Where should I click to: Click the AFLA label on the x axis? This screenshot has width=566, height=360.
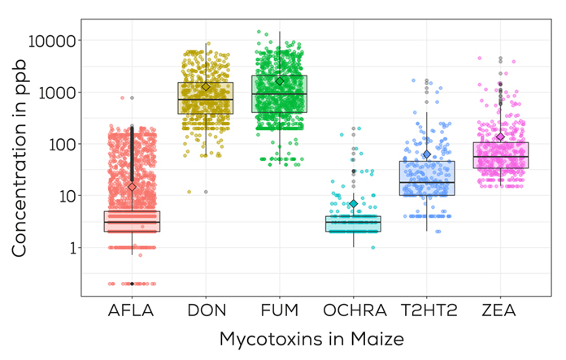point(132,310)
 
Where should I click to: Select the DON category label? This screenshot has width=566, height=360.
point(206,310)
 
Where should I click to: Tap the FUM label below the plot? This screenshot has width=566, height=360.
point(280,310)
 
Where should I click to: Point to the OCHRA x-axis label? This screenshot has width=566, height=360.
point(353,310)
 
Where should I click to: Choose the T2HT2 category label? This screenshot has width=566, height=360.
point(427,310)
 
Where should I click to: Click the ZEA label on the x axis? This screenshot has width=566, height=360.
point(500,310)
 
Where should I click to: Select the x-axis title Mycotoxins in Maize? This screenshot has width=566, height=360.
point(311,340)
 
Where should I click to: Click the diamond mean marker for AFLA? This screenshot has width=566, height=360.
point(132,187)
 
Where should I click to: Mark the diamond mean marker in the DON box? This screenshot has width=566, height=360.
point(206,86)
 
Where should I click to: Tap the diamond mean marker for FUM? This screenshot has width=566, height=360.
point(280,80)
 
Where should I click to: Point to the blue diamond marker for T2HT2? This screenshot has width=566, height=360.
point(427,154)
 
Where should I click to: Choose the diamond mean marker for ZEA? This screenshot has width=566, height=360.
point(500,137)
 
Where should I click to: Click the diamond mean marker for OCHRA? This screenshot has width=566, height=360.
point(353,204)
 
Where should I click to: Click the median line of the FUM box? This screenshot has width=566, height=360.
point(280,93)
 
